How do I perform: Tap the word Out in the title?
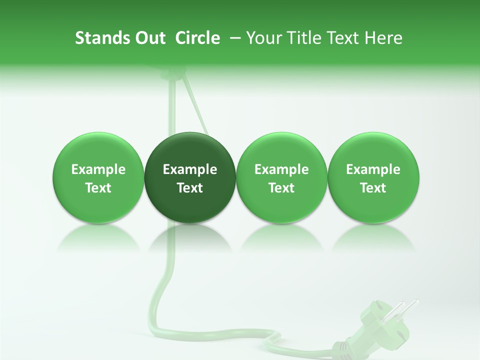pos(148,38)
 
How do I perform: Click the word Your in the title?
pos(262,38)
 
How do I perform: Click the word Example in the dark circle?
pos(190,169)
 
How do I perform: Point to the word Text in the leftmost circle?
pos(98,188)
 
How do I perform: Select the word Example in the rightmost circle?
pos(373,169)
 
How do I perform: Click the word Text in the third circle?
pos(281,188)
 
